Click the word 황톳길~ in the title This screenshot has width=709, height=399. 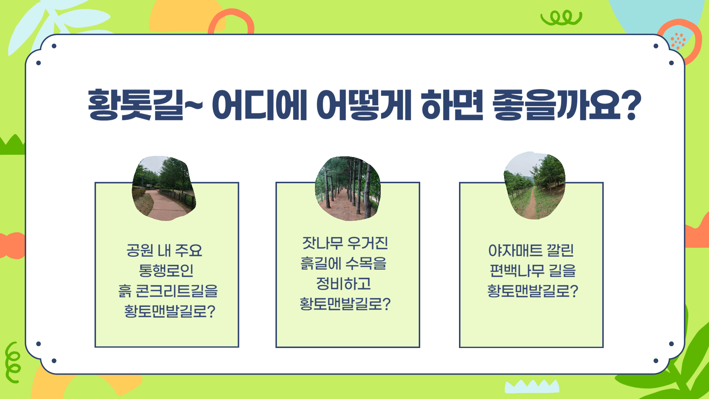(x=145, y=105)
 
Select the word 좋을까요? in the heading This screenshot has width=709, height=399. (x=567, y=105)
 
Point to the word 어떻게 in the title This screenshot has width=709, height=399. (x=364, y=105)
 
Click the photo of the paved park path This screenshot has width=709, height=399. (x=164, y=188)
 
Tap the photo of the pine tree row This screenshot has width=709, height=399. (x=347, y=188)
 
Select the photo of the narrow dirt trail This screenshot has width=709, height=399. (x=534, y=185)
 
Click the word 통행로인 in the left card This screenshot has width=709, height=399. (x=166, y=270)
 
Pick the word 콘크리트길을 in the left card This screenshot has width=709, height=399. (x=177, y=291)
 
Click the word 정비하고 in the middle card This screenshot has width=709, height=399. (x=343, y=284)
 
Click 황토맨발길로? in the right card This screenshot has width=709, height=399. (x=532, y=291)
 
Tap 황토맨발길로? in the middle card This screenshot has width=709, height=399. (x=345, y=304)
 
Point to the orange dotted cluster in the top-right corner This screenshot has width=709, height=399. (x=678, y=41)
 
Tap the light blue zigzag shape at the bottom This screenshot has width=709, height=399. (x=532, y=386)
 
